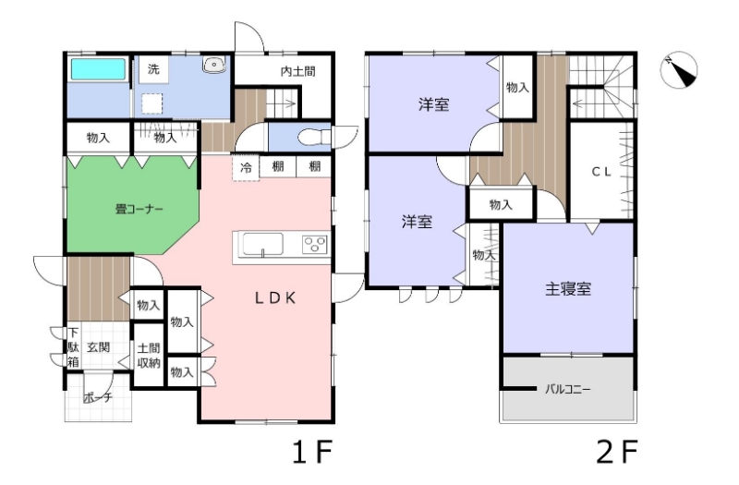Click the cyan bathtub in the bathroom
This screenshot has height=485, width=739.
coord(99,69)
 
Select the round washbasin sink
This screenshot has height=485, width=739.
coord(214,64)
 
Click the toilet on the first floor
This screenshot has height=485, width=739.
coord(315,137)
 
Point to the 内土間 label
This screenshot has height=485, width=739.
coord(297,72)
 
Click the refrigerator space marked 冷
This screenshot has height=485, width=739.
coord(246,167)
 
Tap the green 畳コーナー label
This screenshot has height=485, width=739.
coord(139,209)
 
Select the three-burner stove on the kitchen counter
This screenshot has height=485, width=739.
coord(315,245)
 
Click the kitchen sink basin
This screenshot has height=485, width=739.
coord(263,245)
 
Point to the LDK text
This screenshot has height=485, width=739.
coord(275,297)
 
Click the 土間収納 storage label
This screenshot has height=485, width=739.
coord(149,356)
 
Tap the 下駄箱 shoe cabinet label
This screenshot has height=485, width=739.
coord(73,347)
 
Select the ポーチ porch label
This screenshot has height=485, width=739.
coord(99,397)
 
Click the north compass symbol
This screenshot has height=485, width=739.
coord(679,70)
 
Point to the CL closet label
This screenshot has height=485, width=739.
coord(601,172)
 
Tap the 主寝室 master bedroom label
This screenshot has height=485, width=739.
coord(568,289)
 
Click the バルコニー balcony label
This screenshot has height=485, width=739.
coord(567,389)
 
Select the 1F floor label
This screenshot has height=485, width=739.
coord(312,452)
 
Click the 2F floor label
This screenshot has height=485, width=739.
coord(617,452)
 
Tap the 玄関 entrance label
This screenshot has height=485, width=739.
coord(99,347)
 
